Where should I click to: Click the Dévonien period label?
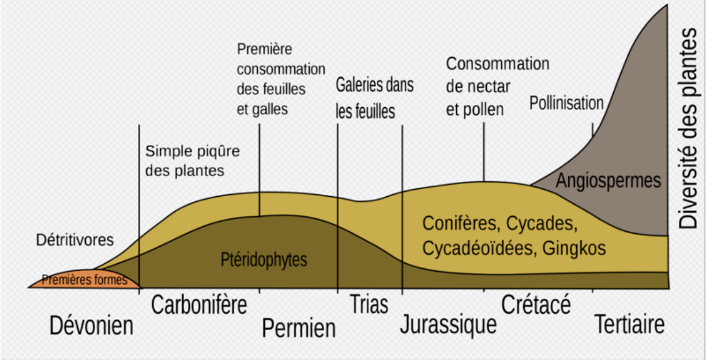[x=91, y=325]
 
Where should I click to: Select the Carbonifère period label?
[x=199, y=305]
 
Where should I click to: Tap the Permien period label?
[x=298, y=328]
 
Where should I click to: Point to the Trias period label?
[x=369, y=304]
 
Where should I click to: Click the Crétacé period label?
[x=536, y=305]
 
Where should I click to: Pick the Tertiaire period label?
[x=629, y=324]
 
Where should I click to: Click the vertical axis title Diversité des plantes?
[x=688, y=128]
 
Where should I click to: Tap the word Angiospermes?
[x=609, y=181]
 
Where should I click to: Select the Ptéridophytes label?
[x=264, y=260]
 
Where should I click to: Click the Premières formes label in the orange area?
[x=84, y=280]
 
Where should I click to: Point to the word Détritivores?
[x=75, y=240]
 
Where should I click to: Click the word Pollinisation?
[x=566, y=103]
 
